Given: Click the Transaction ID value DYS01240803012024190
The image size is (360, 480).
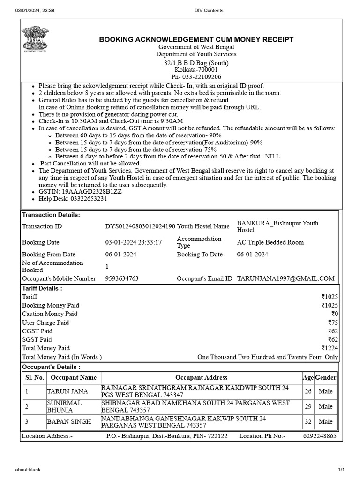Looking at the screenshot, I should point(140,226).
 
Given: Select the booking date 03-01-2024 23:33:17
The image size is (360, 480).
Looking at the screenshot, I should point(133,242).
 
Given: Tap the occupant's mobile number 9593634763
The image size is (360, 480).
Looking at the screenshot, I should point(122,278).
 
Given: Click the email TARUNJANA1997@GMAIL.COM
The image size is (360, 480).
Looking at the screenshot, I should point(285,278).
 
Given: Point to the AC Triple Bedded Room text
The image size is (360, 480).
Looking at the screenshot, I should point(270,242).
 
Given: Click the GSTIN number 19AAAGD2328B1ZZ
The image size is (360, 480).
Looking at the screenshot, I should point(82,192).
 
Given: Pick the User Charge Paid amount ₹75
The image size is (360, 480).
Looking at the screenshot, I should point(333,322).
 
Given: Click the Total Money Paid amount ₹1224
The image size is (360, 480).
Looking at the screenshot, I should point(330,348).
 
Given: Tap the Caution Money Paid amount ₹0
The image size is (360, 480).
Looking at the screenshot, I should point(334,314).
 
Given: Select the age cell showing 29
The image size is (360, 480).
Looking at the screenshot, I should point(308,406).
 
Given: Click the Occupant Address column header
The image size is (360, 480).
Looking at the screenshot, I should point(201,377).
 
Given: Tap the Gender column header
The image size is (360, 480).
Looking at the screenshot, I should point(325,377).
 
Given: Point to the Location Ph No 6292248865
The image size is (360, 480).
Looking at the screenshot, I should point(319,436).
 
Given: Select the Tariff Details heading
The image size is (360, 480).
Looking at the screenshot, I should point(42,288).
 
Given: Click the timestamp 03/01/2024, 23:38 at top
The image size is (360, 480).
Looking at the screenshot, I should point(35,10).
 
